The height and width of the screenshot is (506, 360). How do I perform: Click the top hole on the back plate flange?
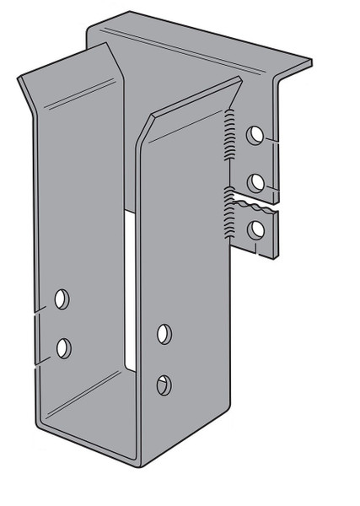pos(254,134)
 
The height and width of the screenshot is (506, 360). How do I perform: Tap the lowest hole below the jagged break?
pos(254,227)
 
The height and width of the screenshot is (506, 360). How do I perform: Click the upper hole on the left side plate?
pos(62,298)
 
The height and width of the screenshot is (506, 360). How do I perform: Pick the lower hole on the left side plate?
pos(63,347)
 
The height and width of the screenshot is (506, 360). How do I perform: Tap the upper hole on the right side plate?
pos(164,334)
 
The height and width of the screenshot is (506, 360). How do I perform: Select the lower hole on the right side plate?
pos(164,384)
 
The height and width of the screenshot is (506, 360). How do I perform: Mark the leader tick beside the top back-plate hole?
pos(271,138)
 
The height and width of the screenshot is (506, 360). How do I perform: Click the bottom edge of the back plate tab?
pos(262,252)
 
